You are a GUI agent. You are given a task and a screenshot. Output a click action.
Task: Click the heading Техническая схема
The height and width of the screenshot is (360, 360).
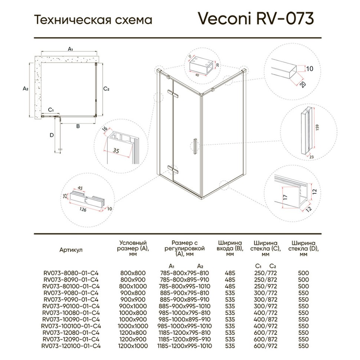point(93,19)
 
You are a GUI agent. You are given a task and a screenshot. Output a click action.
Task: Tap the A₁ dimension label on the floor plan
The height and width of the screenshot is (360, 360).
point(70,49)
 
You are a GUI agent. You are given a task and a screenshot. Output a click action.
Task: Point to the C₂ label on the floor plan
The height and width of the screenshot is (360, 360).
point(106,88)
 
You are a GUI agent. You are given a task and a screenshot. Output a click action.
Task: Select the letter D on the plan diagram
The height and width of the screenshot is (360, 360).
point(52,135)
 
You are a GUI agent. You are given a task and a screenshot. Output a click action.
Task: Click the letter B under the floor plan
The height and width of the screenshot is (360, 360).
point(78,127)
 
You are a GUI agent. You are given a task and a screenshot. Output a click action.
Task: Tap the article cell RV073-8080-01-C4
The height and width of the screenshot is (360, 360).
point(71,273)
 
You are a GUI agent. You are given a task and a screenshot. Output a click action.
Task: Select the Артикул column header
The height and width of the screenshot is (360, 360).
point(71,250)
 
